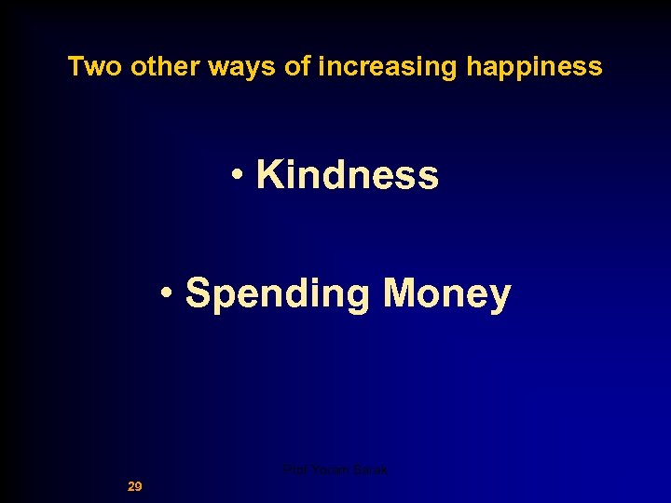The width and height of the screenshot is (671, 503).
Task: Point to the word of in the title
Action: [x=301, y=67]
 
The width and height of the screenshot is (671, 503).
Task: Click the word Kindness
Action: [x=347, y=174]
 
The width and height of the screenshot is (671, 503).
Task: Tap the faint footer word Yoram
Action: [x=327, y=470]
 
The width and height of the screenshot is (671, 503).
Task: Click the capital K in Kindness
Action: [x=269, y=174]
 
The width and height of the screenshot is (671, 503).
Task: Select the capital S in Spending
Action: [x=198, y=293]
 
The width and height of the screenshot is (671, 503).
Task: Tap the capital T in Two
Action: [x=75, y=67]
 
